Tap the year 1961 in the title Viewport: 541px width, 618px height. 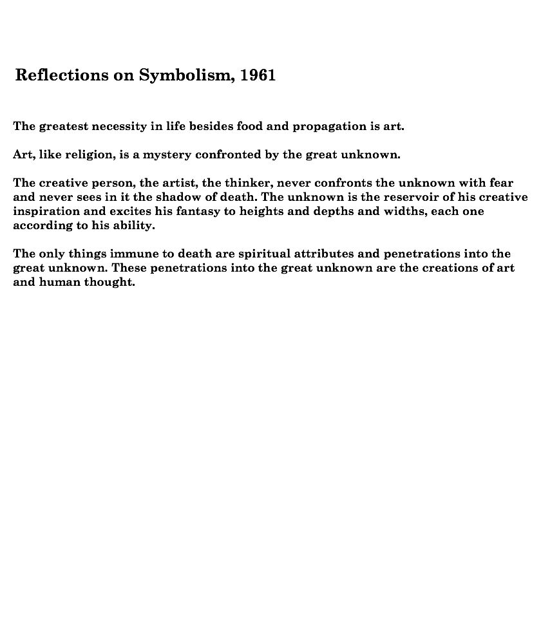point(258,75)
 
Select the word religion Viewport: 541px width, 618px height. point(89,155)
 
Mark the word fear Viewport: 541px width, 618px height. point(502,183)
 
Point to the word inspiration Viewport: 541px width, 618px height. point(47,211)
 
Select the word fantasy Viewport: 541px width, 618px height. point(196,211)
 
